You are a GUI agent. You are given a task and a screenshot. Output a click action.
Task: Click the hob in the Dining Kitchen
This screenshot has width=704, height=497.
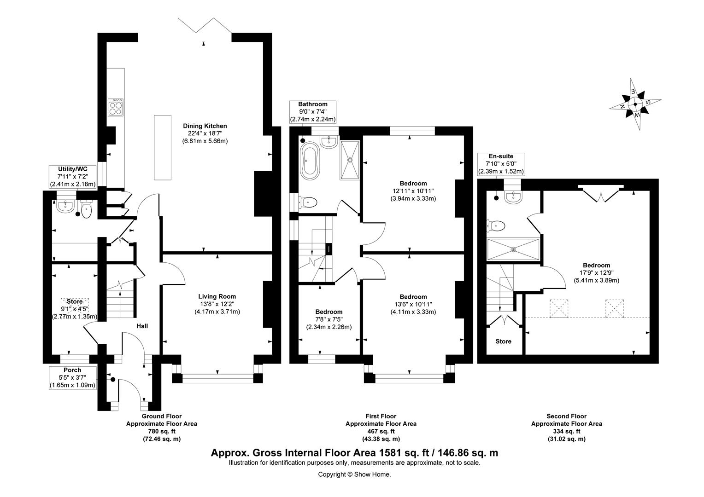point(116,108)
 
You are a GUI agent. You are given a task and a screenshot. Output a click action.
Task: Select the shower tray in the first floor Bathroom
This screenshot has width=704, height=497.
point(349,160)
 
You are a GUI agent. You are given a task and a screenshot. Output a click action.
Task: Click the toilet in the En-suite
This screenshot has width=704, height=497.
point(496,225)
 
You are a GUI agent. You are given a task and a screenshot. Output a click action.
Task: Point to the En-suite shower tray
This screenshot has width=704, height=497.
point(513,249)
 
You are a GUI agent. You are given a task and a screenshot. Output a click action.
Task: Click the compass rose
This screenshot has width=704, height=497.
point(635,104)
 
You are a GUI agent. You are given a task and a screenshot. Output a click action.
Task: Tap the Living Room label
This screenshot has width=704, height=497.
point(217,296)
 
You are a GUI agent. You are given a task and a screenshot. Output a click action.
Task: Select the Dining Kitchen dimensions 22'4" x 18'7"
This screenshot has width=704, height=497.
point(205,133)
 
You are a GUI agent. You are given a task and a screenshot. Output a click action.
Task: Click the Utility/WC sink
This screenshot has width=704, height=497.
point(65,206)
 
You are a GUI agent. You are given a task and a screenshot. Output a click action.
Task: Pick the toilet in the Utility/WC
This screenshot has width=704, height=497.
point(86,209)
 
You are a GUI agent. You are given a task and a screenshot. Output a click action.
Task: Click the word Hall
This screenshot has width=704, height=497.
point(142,326)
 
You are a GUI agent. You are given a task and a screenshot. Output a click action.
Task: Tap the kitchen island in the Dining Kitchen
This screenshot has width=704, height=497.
point(163,148)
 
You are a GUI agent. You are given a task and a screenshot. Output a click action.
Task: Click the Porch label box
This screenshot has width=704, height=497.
point(72,378)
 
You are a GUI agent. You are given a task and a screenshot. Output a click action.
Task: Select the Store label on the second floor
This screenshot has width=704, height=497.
point(504,341)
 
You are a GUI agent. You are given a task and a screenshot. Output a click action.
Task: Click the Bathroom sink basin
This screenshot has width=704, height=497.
point(329,141)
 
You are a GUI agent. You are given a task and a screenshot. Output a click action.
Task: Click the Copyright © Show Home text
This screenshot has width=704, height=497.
point(354,474)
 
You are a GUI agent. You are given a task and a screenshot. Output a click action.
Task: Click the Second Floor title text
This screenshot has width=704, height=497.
point(567,416)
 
